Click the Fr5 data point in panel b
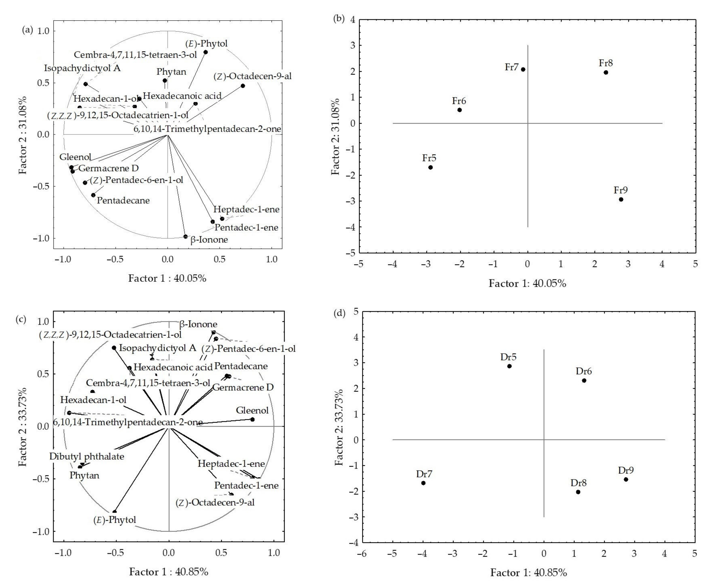click(430, 167)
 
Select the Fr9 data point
click(621, 200)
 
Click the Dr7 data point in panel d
click(423, 483)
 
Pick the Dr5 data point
click(509, 366)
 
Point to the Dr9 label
click(626, 470)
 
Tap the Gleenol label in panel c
click(252, 410)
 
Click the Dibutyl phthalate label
click(87, 456)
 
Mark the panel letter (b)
click(339, 19)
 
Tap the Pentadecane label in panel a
click(123, 200)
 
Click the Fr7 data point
click(523, 69)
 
